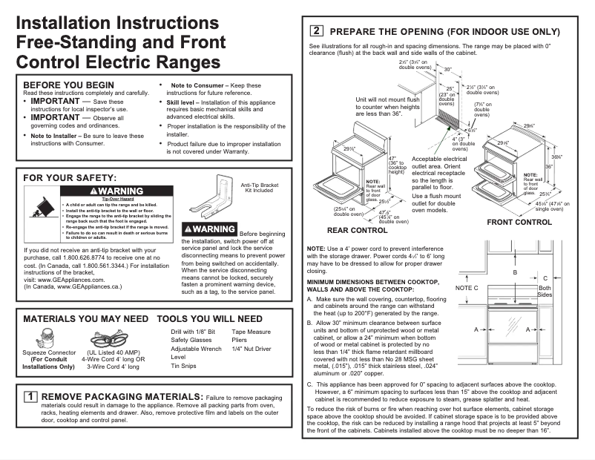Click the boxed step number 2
(x=316, y=31)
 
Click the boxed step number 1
(x=31, y=397)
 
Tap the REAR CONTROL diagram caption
(x=358, y=231)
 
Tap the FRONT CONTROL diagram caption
(x=519, y=222)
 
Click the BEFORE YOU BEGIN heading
(x=69, y=85)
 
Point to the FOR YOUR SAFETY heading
(x=70, y=178)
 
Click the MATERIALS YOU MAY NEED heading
(x=86, y=319)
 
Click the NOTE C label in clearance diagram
(x=467, y=287)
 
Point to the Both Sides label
(x=545, y=292)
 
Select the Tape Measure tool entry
(x=251, y=332)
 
